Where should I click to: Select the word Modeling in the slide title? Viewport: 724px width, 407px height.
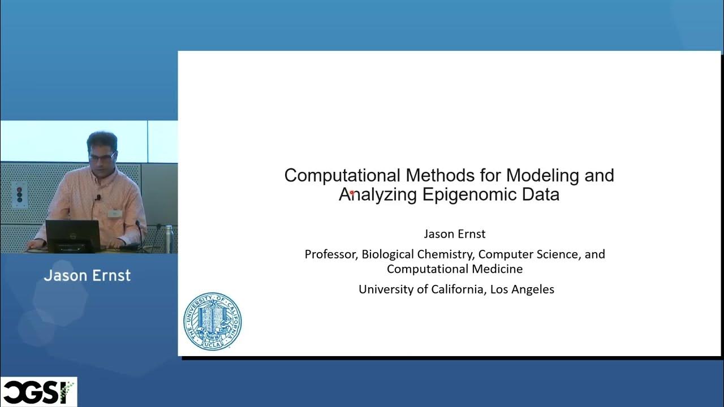[543, 175]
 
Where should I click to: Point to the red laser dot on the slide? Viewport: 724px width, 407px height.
[352, 193]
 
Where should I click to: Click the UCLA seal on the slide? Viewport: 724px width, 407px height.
[212, 321]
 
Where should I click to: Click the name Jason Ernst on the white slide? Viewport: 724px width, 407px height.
[455, 234]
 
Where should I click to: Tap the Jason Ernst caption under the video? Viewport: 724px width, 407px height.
[87, 276]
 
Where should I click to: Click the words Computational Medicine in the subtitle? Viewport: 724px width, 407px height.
[455, 269]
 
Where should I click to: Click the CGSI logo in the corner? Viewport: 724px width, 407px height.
[38, 392]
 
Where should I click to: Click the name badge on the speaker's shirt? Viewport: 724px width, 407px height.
[115, 213]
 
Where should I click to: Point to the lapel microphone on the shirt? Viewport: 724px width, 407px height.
[98, 197]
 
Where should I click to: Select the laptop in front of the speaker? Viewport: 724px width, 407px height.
[72, 235]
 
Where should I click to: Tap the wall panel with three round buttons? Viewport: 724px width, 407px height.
[19, 194]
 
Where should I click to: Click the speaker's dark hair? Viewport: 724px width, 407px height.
[102, 140]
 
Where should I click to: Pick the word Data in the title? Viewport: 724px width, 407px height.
[541, 194]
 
